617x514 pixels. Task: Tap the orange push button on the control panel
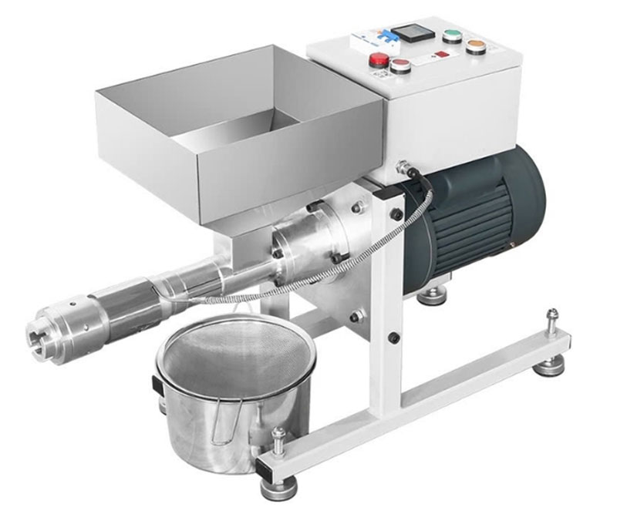(476, 47)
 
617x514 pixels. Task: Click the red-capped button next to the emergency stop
(400, 66)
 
